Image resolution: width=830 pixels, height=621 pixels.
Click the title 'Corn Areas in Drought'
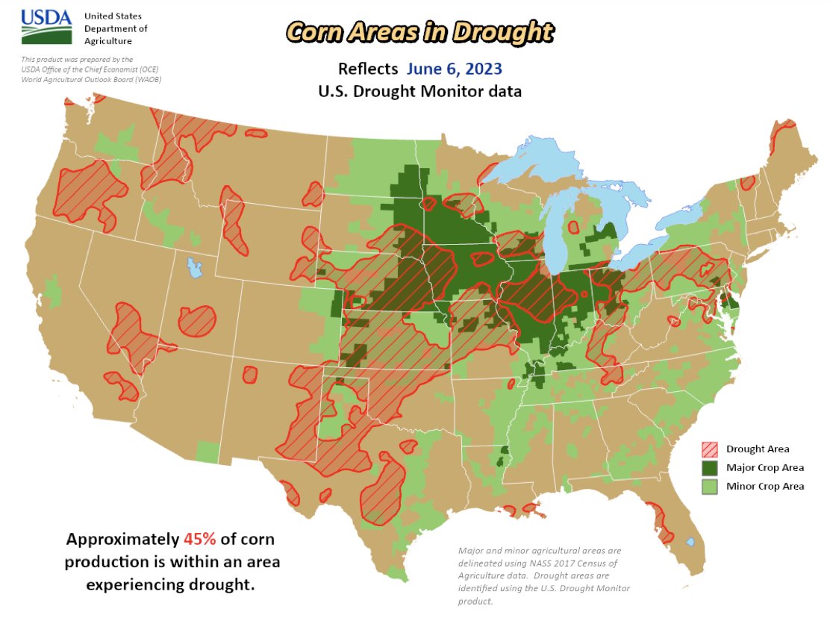[420, 32]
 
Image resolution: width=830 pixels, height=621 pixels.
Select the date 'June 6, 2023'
[454, 69]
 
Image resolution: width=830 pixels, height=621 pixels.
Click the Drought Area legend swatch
[710, 449]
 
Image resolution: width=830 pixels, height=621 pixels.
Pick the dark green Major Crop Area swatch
[710, 468]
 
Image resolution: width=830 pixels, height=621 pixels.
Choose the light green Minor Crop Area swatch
[710, 487]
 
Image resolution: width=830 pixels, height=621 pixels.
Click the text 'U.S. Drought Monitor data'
[419, 93]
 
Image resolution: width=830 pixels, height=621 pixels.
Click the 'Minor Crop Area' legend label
[765, 487]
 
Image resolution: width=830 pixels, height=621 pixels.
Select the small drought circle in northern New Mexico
[249, 375]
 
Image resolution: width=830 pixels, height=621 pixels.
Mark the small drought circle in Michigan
[573, 227]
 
